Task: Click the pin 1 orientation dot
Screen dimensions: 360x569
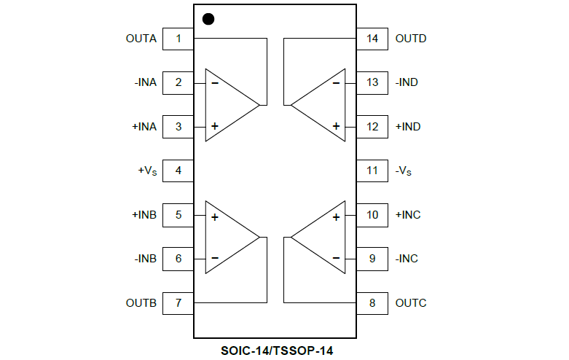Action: point(208,20)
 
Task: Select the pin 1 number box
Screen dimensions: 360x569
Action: point(178,39)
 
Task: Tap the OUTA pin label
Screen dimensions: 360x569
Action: point(141,39)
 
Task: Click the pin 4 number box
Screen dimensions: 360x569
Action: point(178,171)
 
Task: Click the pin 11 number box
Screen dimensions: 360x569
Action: point(372,171)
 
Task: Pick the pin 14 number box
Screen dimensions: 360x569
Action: point(372,39)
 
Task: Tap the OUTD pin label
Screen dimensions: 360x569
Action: point(410,39)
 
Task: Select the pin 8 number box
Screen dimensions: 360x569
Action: point(372,302)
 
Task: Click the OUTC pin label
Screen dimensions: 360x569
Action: point(410,302)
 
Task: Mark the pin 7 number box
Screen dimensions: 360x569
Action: point(178,302)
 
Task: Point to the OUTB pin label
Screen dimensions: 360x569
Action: point(141,302)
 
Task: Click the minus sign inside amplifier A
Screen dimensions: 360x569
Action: point(215,82)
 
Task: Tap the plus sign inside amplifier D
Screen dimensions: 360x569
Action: point(336,126)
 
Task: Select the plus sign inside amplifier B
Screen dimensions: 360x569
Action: point(215,216)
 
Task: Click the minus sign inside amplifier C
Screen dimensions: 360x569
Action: point(336,258)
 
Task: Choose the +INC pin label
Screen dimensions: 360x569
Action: point(407,215)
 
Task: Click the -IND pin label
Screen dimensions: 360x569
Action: point(407,82)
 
